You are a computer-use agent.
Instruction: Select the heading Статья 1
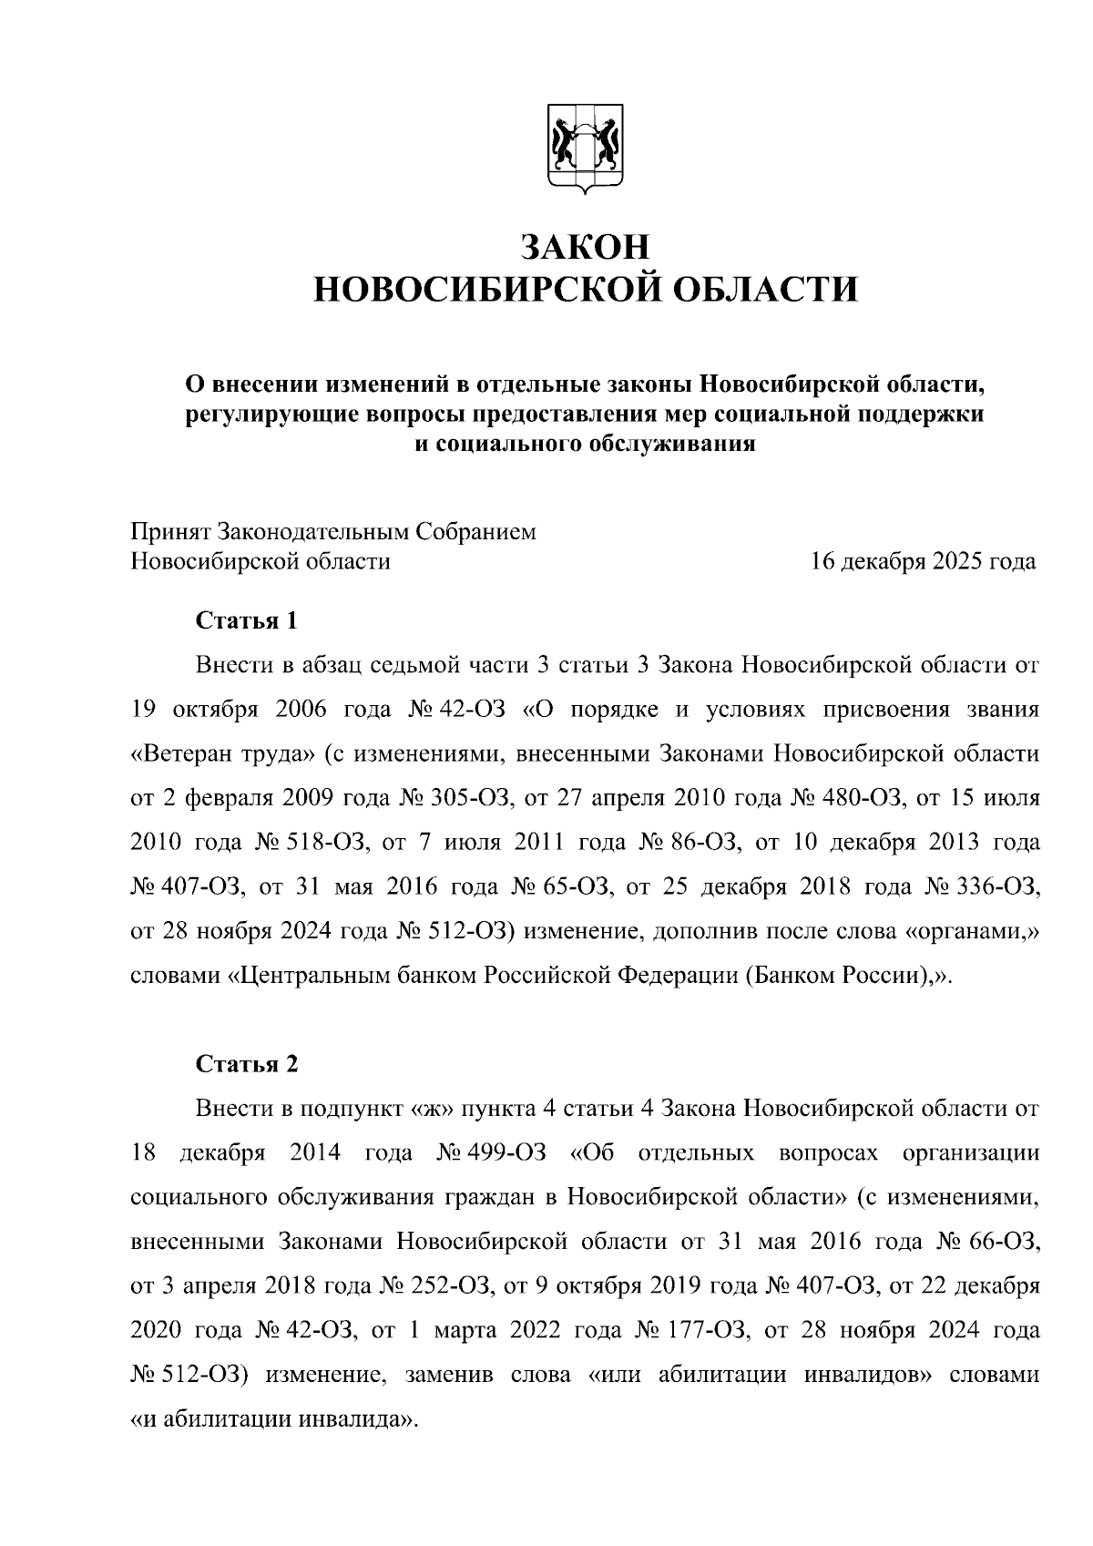tap(247, 621)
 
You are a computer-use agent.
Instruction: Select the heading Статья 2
tap(247, 1064)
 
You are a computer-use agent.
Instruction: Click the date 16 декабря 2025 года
tap(924, 561)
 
